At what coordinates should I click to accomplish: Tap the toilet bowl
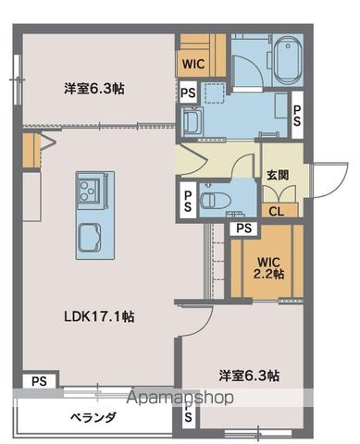click(210, 198)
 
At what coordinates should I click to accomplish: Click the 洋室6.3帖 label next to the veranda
click(250, 376)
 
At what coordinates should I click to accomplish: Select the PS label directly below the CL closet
click(243, 228)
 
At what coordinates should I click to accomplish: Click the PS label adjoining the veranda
click(39, 381)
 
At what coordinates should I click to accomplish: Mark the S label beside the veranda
click(188, 417)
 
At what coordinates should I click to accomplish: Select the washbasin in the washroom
click(193, 120)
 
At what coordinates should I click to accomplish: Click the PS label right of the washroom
click(298, 115)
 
